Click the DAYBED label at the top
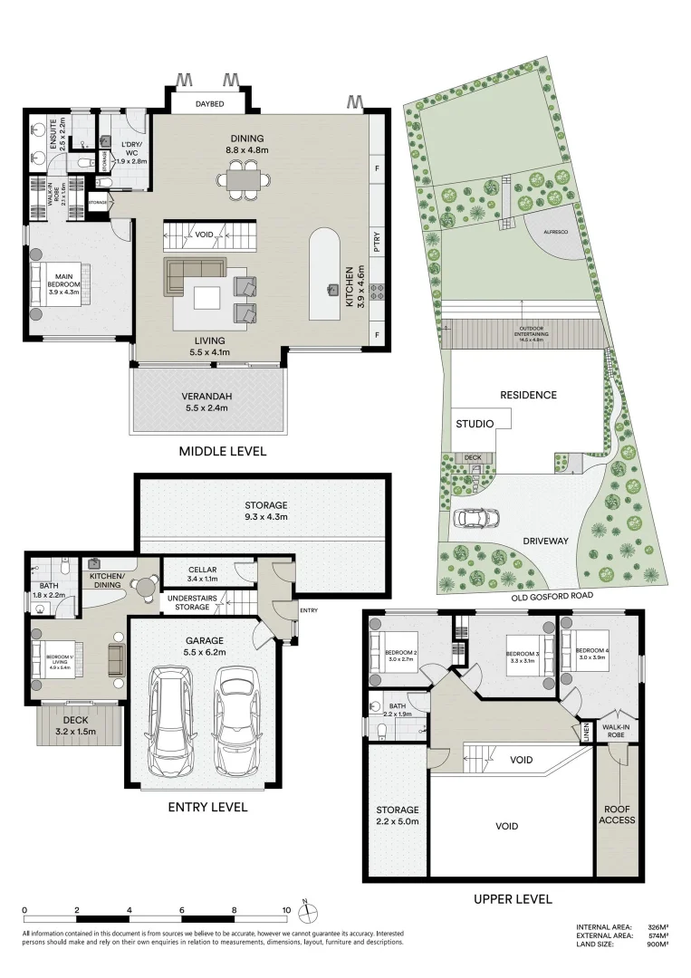tap(209, 104)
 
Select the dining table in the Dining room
tap(242, 179)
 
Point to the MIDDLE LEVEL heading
tap(223, 451)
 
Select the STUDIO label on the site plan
tap(475, 423)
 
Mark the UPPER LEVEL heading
tap(513, 899)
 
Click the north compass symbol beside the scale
tap(306, 912)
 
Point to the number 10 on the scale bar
tap(286, 909)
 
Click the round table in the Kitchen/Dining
tap(143, 587)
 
